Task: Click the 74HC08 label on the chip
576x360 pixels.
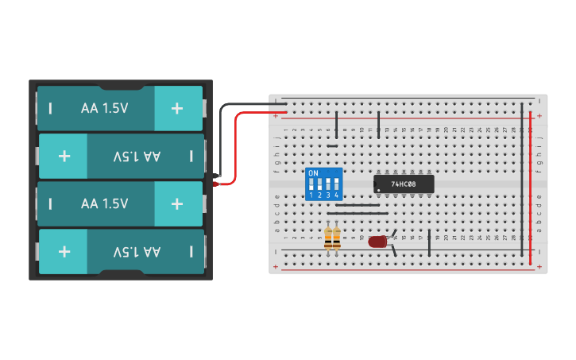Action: [404, 184]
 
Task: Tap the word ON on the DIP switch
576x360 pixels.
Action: [313, 173]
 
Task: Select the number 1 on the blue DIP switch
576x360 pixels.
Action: [311, 195]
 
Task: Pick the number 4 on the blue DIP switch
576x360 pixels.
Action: [337, 195]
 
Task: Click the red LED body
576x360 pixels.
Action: [377, 241]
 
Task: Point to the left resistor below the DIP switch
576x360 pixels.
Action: [329, 237]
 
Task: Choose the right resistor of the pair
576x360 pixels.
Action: [337, 237]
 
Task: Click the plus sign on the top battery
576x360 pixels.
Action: [177, 108]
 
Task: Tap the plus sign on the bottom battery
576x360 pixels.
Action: [64, 251]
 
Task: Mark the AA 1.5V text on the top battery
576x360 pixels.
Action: [104, 108]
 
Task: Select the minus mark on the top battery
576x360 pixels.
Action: [50, 108]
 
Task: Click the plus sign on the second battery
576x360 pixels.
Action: [64, 156]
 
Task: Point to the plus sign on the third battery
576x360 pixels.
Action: [177, 203]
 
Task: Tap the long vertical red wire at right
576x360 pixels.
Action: [531, 191]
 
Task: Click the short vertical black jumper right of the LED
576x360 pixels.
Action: [430, 241]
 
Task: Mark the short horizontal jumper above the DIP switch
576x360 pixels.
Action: [332, 145]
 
